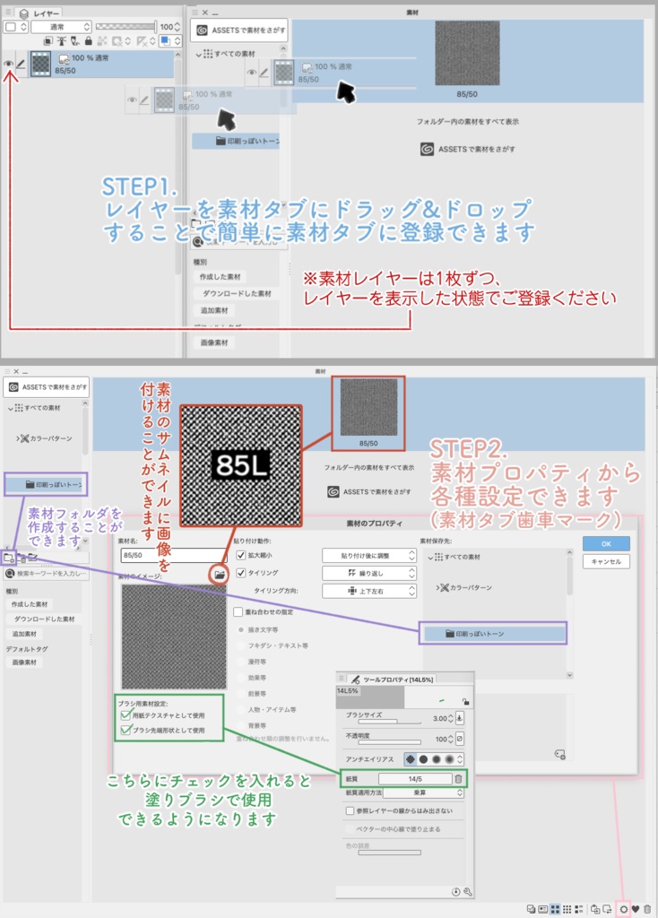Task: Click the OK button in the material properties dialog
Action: pyautogui.click(x=606, y=544)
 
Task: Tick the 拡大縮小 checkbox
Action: pyautogui.click(x=240, y=555)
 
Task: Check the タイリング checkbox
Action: pyautogui.click(x=240, y=572)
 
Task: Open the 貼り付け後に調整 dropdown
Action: pyautogui.click(x=369, y=555)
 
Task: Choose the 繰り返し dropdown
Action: pyautogui.click(x=369, y=572)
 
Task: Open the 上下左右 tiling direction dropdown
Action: pyautogui.click(x=369, y=591)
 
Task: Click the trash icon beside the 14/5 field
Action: pyautogui.click(x=458, y=779)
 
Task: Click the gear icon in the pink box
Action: pyautogui.click(x=624, y=909)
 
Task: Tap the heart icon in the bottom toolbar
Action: pyautogui.click(x=636, y=909)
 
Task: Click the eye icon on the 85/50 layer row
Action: pyautogui.click(x=9, y=64)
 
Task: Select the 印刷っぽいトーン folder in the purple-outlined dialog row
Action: pyautogui.click(x=492, y=634)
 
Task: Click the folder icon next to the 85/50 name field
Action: pyautogui.click(x=219, y=573)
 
